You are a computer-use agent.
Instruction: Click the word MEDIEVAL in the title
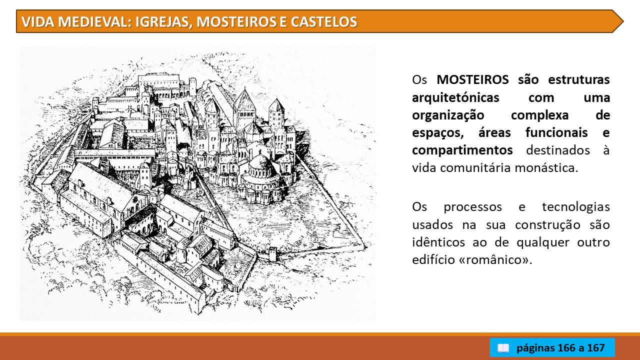pos(94,21)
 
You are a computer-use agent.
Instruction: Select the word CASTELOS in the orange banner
pos(324,21)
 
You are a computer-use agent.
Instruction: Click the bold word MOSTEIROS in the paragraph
pos(472,79)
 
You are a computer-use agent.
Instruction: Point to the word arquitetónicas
pos(455,97)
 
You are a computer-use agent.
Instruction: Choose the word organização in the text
pos(448,115)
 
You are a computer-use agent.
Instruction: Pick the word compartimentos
pos(462,150)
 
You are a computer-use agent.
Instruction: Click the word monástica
pos(546,167)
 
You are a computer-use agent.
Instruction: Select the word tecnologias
pos(576,207)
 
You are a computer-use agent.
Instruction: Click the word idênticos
pos(438,242)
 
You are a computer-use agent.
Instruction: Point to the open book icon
pos(503,348)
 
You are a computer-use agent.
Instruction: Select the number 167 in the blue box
pos(595,347)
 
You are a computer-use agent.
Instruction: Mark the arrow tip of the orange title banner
pos(623,21)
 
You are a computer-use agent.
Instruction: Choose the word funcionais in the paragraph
pos(556,133)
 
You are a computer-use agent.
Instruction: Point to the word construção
pos(547,225)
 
